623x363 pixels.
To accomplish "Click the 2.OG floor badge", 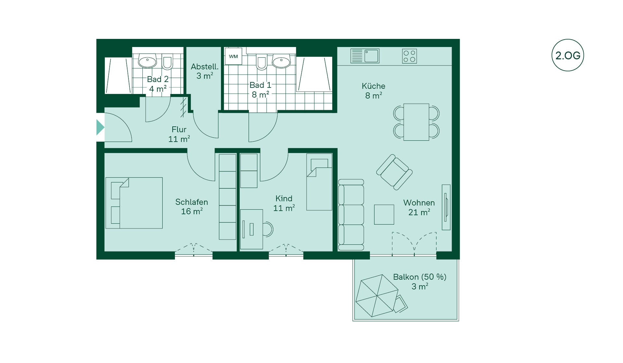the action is coord(568,55).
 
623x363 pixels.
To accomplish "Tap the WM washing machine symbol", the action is coord(233,56).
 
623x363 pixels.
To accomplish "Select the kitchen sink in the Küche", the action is coord(365,56).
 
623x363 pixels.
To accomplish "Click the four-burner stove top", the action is coord(409,56).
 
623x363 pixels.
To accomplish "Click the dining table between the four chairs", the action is coord(416,122).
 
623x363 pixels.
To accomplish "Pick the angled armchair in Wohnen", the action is coord(394,172).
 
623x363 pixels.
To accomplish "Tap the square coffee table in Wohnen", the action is coord(384,215).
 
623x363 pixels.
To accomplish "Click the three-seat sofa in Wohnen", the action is coord(351,215).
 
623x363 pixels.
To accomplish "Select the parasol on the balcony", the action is coord(377,296).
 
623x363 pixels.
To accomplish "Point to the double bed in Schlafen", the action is coord(134,203).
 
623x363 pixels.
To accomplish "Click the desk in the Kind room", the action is coord(251,229).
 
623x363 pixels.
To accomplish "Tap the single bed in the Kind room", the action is coord(319,182).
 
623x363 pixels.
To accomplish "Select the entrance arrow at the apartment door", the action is coord(100,127).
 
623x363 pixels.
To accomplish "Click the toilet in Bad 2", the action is coord(167,63).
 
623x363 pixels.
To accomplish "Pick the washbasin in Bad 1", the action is coord(281,62).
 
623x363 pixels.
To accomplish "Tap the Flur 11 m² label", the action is coord(179,134).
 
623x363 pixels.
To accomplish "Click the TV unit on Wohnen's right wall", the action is coord(446,207).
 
